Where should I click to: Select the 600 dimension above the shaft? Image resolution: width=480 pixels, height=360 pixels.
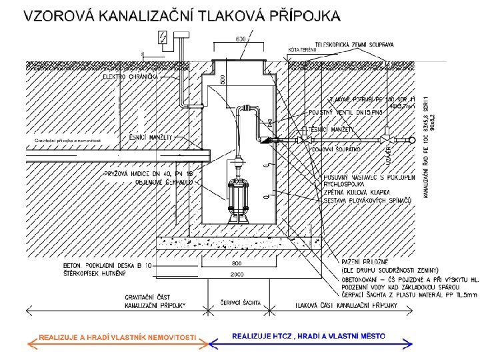pos(241,40)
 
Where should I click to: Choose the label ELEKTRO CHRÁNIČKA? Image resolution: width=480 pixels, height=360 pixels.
pos(131,77)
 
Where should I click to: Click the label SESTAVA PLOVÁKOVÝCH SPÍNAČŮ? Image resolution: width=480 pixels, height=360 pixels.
pos(365,200)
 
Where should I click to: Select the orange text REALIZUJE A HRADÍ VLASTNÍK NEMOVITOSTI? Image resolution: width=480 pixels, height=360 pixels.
pos(117,337)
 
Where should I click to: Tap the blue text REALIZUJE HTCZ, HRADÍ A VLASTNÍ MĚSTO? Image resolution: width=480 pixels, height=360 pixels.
pos(309,335)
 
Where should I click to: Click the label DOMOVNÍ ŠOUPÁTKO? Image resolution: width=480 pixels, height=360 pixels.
pos(337,149)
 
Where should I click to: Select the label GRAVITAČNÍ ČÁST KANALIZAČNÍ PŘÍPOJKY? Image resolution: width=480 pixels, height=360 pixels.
pos(155,301)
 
